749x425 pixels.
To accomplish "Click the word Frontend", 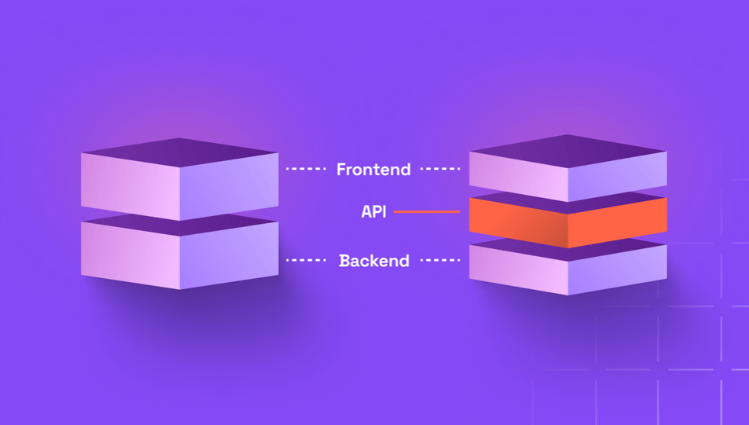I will tap(374, 170).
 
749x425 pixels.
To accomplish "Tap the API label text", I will tap(375, 212).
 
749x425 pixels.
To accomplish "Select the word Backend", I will tap(374, 261).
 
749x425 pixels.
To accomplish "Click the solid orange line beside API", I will tap(426, 212).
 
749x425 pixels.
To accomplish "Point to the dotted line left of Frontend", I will tap(307, 170).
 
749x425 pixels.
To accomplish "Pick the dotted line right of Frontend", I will tap(439, 170).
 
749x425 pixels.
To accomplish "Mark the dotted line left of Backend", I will tap(307, 261).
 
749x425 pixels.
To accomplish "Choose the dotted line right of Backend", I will tap(439, 261).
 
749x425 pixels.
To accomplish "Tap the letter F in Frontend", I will tap(342, 170).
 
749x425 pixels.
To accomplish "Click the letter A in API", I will tap(367, 212).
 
